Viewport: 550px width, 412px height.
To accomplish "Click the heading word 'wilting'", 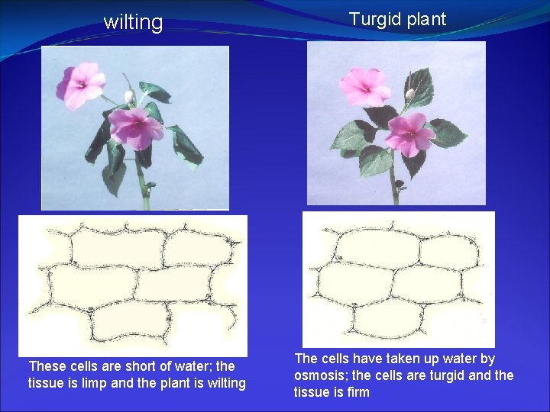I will click(133, 23).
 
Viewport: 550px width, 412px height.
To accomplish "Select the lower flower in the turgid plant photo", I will click(409, 134).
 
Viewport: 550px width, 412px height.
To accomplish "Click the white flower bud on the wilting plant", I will click(129, 96).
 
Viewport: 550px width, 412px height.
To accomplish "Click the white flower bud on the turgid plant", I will click(410, 93).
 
